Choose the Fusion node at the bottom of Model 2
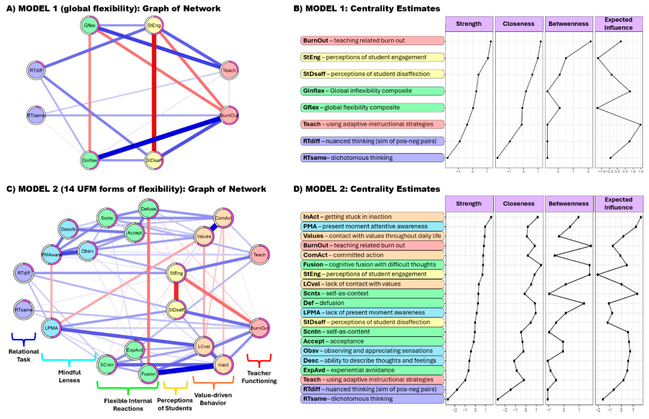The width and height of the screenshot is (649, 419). (148, 374)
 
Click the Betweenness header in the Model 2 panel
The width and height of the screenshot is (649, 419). (568, 204)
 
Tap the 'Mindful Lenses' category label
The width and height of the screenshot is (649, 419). (68, 376)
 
